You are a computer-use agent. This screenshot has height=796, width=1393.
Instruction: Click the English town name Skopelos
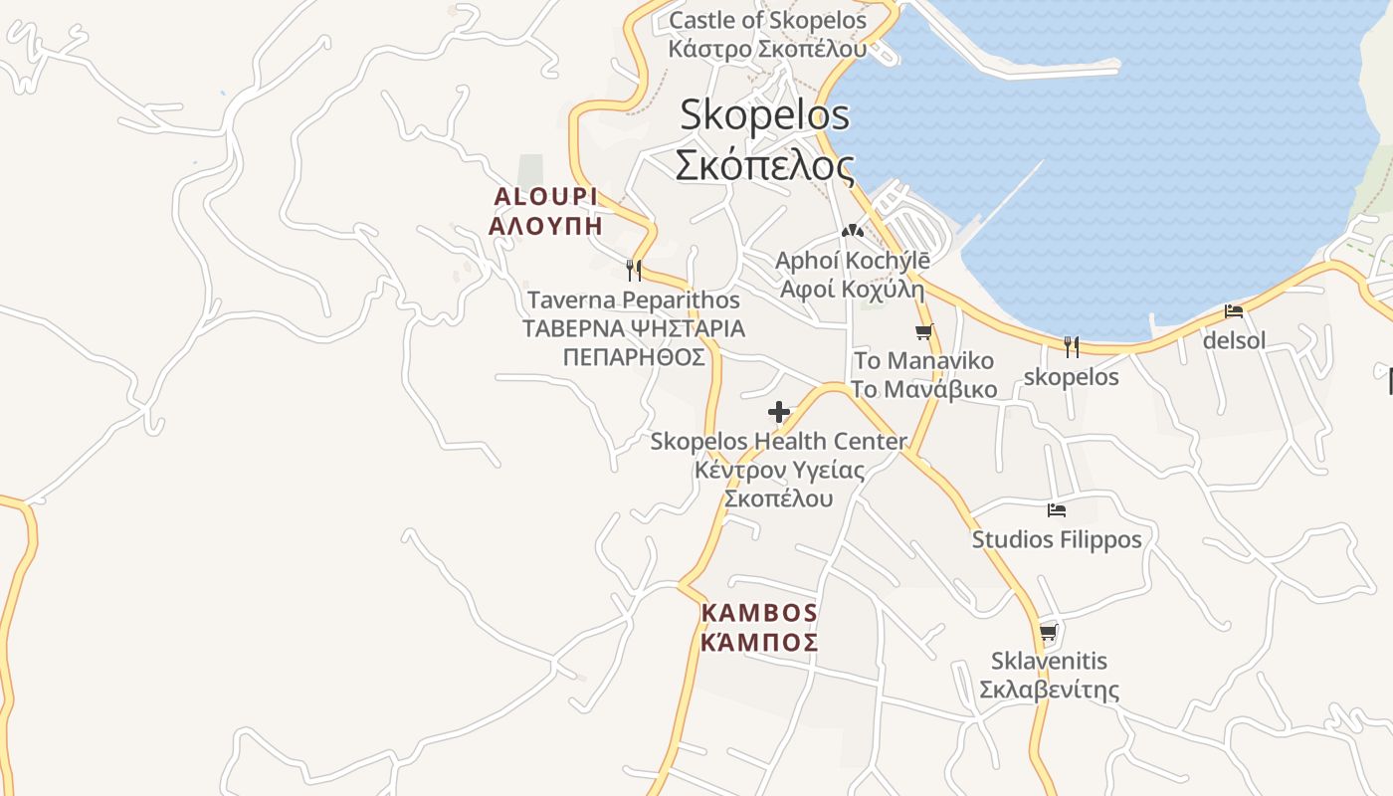764,115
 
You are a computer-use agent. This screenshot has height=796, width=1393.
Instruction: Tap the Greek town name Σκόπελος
764,165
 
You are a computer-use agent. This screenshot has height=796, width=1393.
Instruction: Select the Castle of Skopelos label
767,20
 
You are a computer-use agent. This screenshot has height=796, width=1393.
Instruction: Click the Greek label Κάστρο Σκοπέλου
767,49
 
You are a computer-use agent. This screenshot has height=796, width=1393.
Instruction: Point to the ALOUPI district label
545,197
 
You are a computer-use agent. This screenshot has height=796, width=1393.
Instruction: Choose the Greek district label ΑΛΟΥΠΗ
545,225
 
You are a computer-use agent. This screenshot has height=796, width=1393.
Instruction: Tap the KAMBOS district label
759,613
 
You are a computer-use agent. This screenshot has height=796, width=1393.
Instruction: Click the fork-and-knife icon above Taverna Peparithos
633,270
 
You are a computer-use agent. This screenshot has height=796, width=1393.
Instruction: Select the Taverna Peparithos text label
633,299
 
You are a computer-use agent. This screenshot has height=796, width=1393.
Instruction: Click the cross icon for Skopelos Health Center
779,412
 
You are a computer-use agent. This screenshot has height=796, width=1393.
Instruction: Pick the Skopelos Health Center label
778,441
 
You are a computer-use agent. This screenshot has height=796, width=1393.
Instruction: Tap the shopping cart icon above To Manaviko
924,332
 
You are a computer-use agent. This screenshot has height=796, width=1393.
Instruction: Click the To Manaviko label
923,360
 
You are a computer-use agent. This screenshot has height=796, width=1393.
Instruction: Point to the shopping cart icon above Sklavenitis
1048,633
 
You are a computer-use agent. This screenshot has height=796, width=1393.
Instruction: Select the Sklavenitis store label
1049,661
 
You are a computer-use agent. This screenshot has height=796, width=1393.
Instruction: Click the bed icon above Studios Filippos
1057,510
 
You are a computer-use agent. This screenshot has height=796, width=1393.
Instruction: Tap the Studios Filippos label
1057,539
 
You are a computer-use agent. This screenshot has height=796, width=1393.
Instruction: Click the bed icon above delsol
1234,311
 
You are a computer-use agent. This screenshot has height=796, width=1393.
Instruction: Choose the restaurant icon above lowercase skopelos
1072,347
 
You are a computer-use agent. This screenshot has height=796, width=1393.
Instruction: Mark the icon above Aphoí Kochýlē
852,231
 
